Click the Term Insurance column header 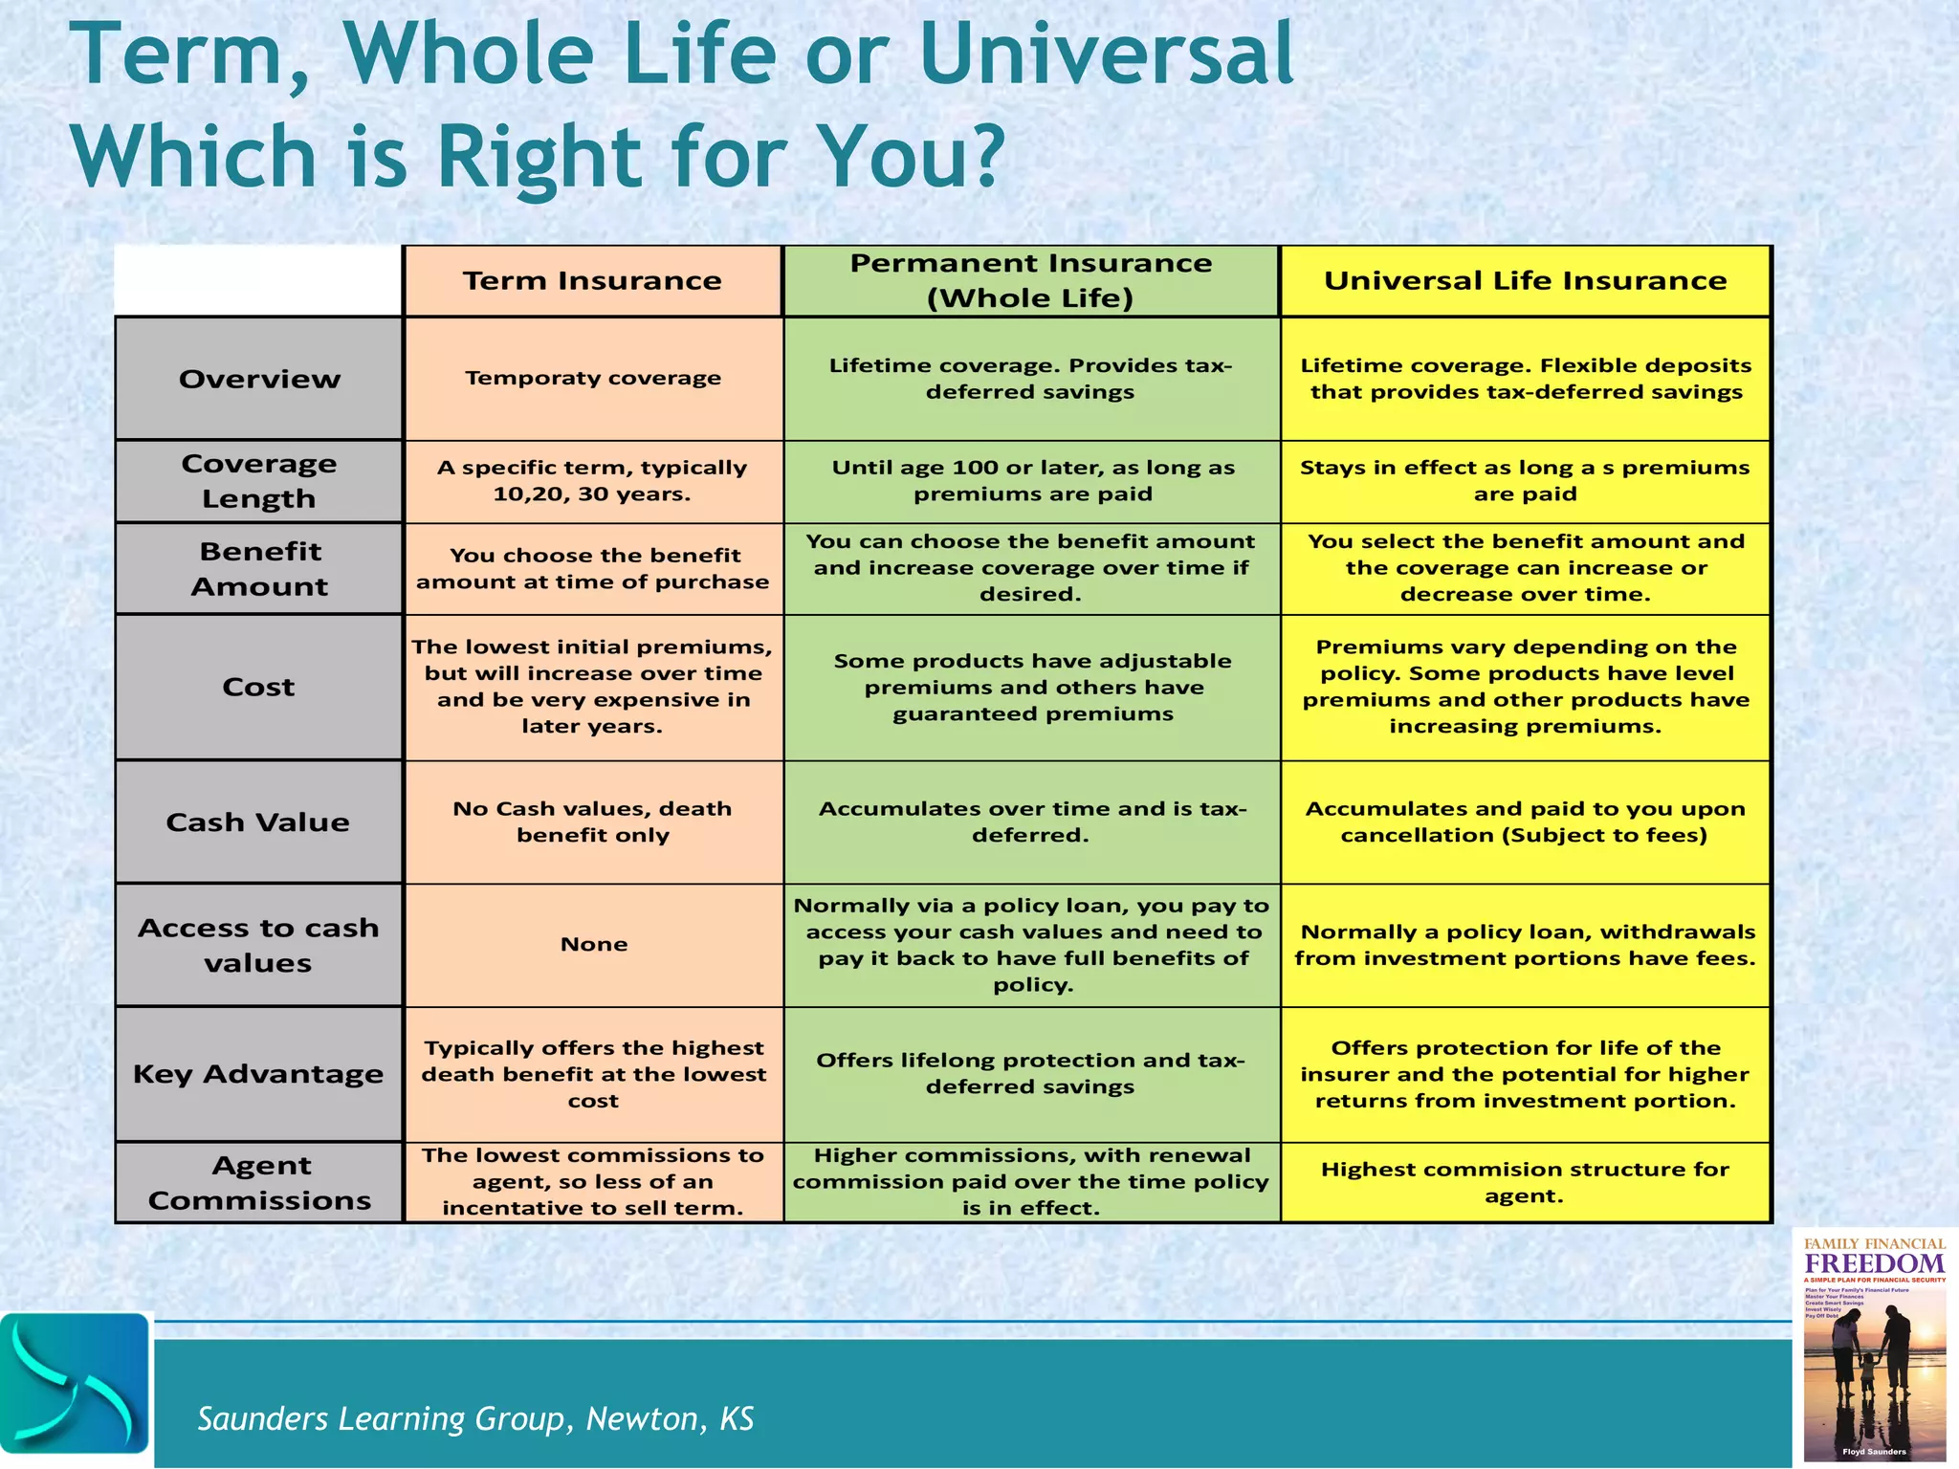point(592,281)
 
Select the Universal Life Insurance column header point(1525,281)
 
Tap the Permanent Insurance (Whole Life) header point(1030,281)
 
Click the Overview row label point(259,379)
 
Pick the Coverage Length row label point(259,481)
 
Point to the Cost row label point(259,687)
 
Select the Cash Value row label point(258,822)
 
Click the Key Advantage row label point(258,1074)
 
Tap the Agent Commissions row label point(259,1183)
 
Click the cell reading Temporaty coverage point(593,378)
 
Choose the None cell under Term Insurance point(593,945)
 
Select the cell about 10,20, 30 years point(592,481)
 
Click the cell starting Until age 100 point(1032,481)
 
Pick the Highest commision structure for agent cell point(1525,1183)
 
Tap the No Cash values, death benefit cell point(592,822)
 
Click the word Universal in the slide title point(1106,55)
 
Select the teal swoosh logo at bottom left point(75,1383)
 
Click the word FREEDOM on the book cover point(1874,1263)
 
